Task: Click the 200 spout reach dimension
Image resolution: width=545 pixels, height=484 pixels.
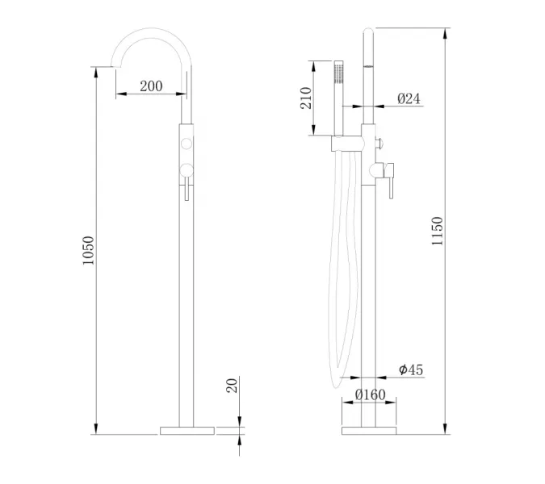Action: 151,86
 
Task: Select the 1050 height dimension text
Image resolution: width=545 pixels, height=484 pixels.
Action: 89,251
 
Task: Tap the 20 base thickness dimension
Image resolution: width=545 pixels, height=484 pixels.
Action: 232,385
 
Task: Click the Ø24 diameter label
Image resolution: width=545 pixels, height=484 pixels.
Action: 409,98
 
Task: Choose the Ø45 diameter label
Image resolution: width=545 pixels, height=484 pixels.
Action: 410,369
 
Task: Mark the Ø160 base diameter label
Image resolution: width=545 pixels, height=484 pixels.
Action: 371,395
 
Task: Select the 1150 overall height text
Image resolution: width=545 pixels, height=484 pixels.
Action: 437,232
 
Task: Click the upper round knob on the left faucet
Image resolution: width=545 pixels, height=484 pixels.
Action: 187,144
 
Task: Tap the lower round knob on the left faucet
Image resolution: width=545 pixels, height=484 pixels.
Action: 187,168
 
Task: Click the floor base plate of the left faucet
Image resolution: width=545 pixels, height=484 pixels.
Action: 188,431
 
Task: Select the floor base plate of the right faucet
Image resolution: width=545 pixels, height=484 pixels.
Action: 370,431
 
